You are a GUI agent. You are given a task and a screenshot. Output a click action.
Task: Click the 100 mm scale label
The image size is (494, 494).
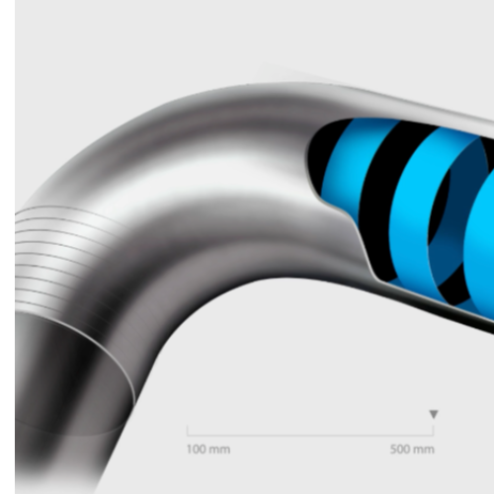[208, 450]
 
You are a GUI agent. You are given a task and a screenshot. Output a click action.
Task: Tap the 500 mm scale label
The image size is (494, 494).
[412, 450]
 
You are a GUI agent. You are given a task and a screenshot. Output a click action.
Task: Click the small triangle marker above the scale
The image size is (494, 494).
[434, 414]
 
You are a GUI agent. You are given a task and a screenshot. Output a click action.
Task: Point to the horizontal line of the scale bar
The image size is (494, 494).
[310, 436]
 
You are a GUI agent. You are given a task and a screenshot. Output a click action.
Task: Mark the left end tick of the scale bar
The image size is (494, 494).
[187, 431]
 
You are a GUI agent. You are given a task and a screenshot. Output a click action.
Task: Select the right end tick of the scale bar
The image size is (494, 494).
[433, 431]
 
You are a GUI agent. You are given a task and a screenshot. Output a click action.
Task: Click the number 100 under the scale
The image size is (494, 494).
[197, 450]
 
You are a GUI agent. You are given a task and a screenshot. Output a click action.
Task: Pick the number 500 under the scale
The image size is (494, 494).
[400, 450]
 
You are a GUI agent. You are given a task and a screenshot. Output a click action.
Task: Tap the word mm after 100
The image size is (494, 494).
[219, 450]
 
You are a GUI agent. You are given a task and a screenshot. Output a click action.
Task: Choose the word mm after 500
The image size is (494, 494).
[424, 450]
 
